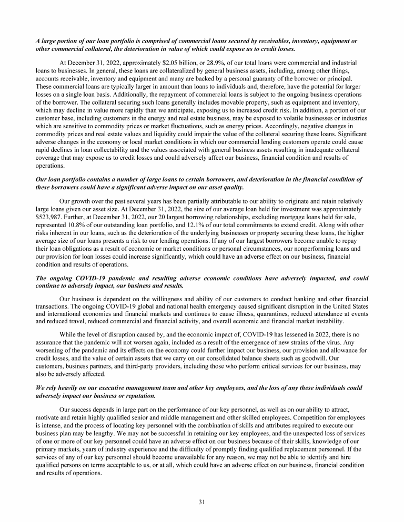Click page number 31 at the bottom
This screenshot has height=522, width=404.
(x=201, y=501)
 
